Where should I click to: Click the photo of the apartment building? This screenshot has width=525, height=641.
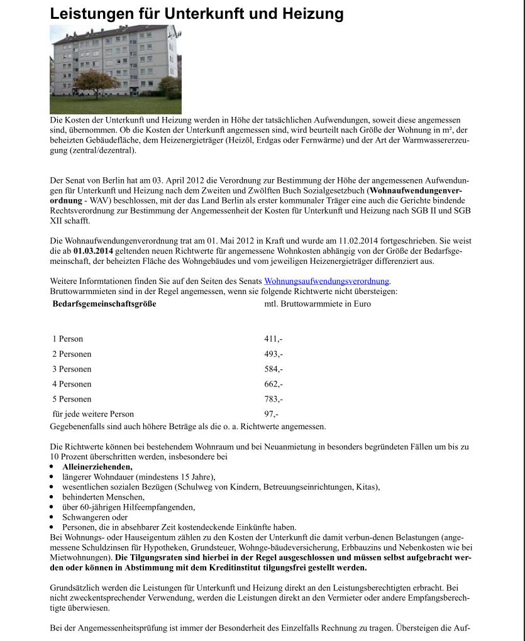(x=116, y=70)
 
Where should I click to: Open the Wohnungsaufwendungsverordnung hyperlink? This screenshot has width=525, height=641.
(x=326, y=282)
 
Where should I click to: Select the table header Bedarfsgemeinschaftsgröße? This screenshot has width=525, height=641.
(x=104, y=304)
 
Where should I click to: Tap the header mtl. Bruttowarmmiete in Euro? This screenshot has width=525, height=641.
(x=318, y=304)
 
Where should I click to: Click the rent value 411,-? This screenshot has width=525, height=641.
(x=273, y=339)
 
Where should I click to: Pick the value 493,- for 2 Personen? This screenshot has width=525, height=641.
(x=274, y=354)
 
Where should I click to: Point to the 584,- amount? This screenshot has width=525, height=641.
(x=274, y=370)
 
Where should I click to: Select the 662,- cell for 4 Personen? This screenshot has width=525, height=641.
(x=274, y=385)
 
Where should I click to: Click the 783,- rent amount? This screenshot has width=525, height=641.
(x=274, y=400)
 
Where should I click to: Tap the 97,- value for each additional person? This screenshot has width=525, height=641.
(x=271, y=415)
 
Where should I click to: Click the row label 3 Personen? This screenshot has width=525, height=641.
(x=72, y=370)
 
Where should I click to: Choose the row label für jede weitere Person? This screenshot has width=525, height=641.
(x=93, y=415)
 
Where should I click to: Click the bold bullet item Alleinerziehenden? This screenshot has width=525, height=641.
(x=97, y=467)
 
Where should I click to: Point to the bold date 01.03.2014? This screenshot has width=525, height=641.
(x=93, y=251)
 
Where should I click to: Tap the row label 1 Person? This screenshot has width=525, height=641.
(x=68, y=339)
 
